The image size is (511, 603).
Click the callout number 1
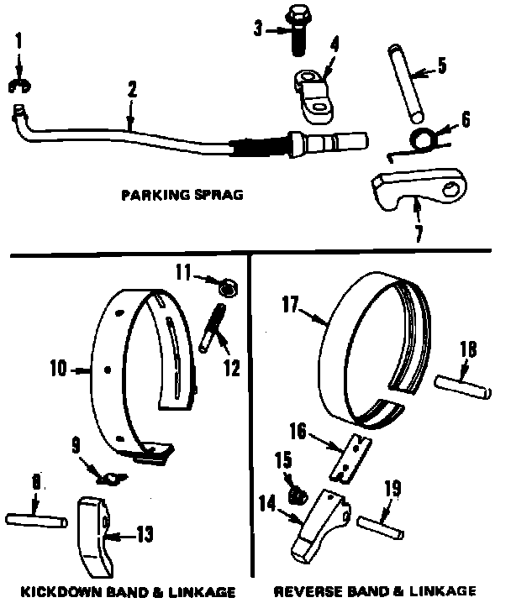21,39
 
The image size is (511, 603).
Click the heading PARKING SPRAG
182,196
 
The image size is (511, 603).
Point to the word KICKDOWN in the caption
55,590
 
